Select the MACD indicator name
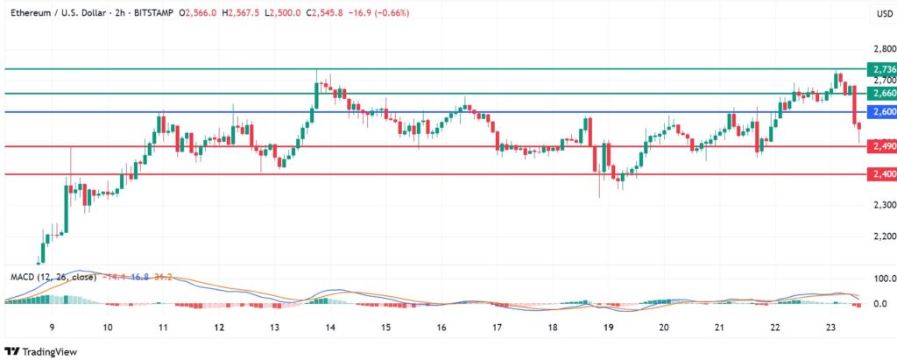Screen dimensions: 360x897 click(22, 277)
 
